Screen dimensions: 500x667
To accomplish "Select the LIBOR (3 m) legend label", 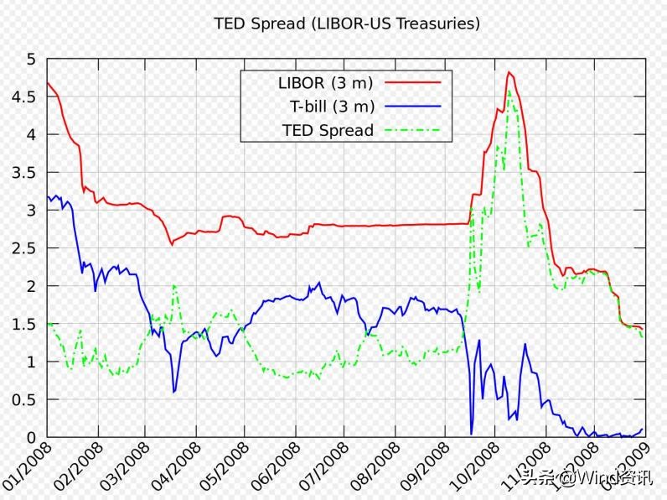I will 325,83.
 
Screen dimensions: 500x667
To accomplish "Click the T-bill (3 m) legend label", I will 332,107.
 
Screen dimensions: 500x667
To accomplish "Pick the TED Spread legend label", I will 328,130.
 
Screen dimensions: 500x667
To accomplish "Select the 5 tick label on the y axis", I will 32,60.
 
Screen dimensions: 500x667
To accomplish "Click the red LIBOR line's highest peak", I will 509,72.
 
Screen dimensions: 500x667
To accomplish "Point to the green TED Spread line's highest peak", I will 509,91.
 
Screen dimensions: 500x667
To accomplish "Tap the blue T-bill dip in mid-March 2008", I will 173,392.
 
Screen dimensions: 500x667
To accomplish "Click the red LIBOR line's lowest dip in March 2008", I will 172,244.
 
